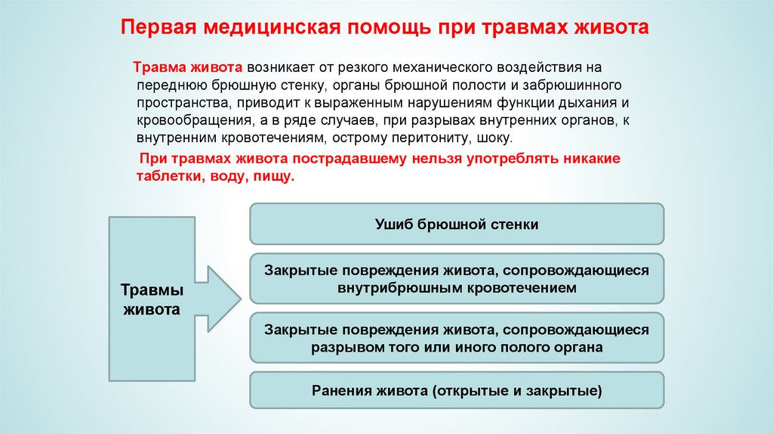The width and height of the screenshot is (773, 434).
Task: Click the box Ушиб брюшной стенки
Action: point(457,224)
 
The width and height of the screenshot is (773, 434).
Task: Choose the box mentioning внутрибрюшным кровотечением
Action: point(457,278)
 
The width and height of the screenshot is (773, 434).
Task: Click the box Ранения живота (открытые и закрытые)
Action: point(457,390)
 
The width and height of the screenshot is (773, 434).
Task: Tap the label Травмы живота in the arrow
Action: point(152,300)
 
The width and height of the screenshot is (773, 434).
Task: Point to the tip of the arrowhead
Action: point(241,298)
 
